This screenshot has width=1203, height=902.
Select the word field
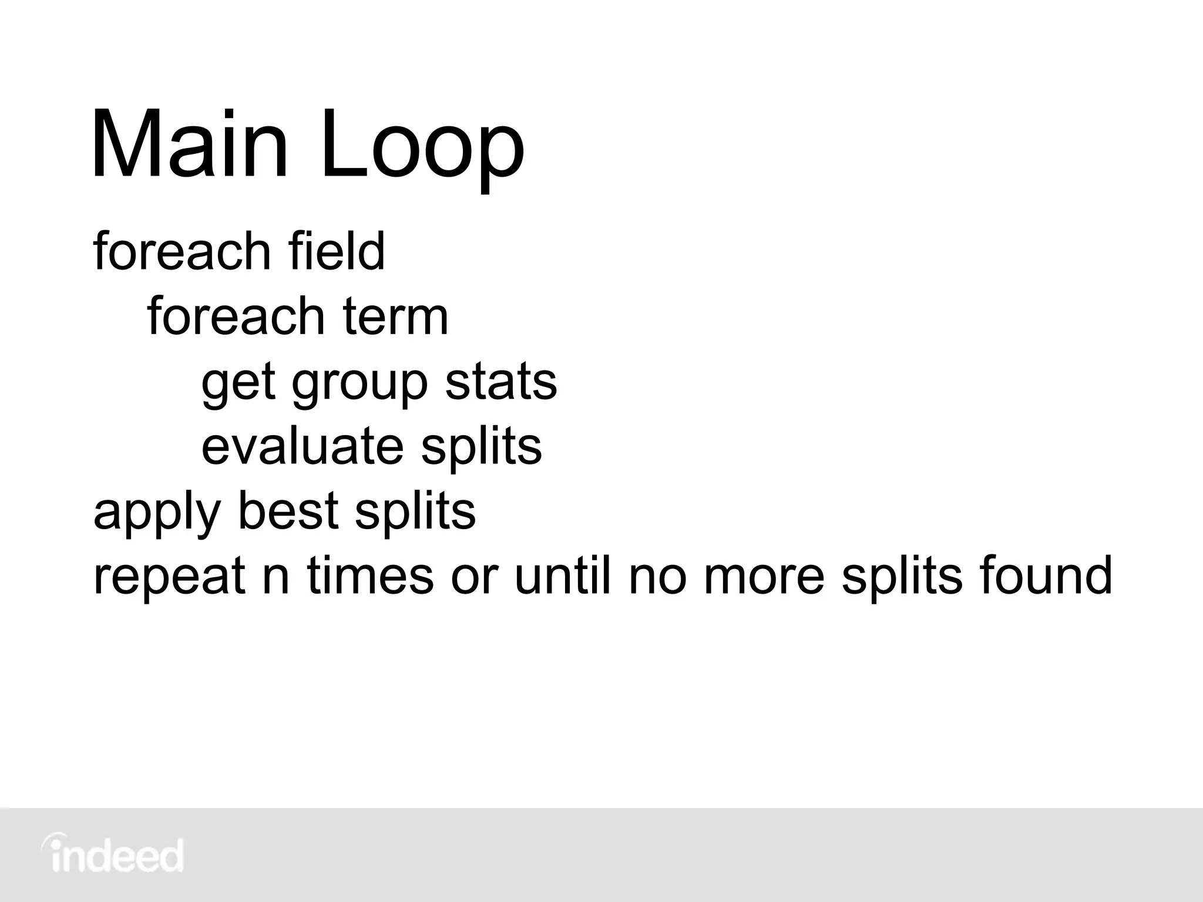coord(337,251)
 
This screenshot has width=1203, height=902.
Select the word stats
coord(501,382)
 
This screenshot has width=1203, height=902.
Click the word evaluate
coord(303,446)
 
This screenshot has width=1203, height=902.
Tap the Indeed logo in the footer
coord(113,855)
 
